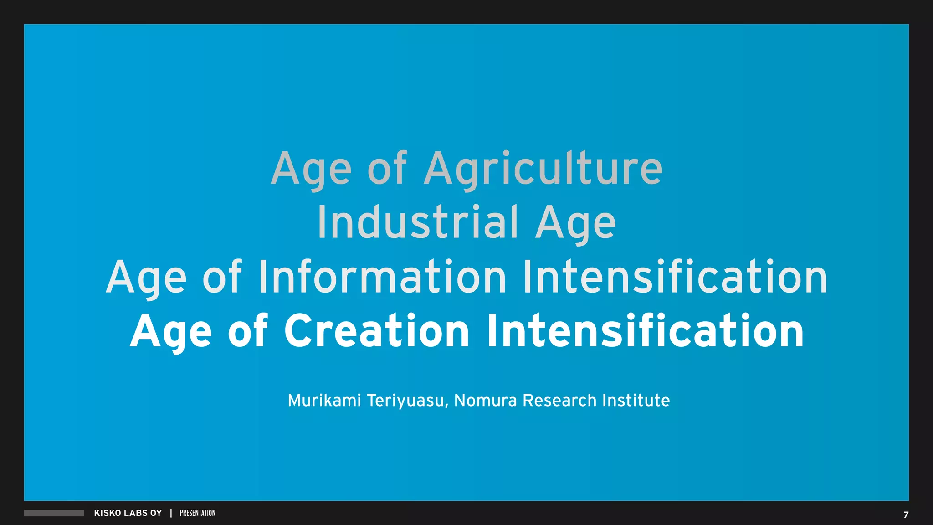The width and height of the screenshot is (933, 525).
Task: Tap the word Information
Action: click(382, 277)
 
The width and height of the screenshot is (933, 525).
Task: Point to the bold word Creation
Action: click(377, 331)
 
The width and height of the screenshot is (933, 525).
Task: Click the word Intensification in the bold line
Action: click(645, 331)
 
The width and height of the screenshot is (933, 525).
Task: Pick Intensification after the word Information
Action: click(675, 277)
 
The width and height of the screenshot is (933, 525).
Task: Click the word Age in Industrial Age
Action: click(575, 223)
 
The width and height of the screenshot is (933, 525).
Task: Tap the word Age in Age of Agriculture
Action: click(311, 170)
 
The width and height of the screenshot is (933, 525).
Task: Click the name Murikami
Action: click(324, 401)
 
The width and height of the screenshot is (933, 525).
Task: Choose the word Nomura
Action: click(486, 401)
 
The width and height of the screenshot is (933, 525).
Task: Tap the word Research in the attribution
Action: click(559, 401)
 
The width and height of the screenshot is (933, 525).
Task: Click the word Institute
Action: click(636, 401)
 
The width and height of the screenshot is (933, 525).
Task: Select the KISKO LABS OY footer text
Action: click(128, 513)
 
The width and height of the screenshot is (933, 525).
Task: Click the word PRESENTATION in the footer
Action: click(198, 513)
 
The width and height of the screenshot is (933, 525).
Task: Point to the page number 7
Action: click(906, 515)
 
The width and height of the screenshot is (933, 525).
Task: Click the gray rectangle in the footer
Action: click(54, 513)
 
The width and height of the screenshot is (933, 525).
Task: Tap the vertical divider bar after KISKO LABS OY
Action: click(171, 513)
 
